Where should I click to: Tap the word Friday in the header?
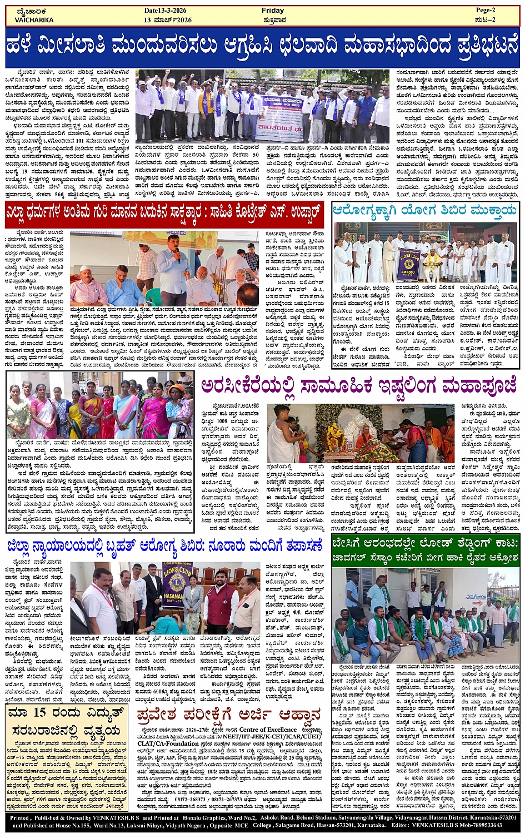tap(273, 11)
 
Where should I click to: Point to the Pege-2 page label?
tap(487, 11)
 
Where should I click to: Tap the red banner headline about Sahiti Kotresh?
tap(164, 213)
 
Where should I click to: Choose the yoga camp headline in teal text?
tap(425, 211)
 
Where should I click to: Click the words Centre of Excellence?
tap(268, 729)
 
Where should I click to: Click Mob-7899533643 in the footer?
tap(487, 825)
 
